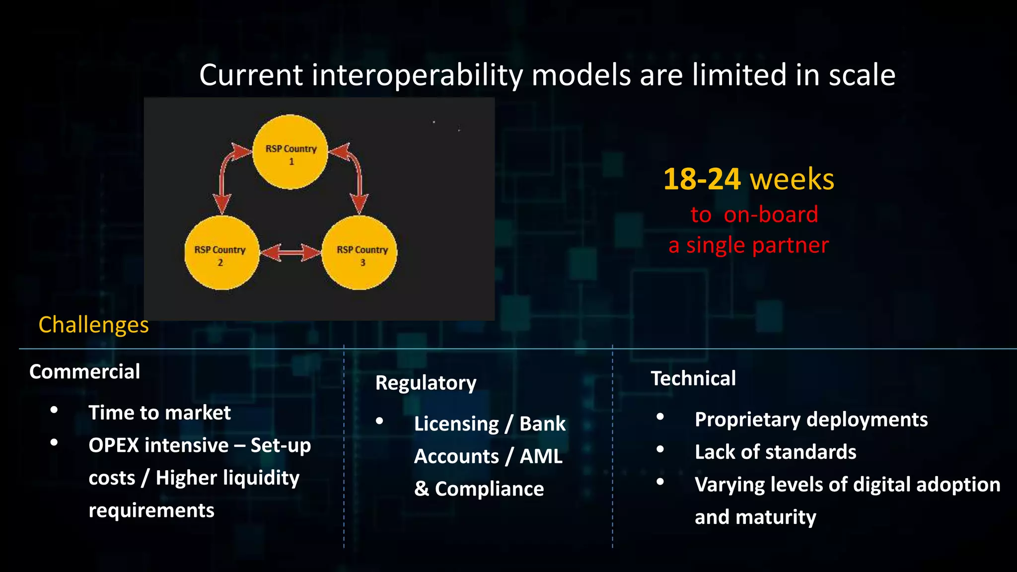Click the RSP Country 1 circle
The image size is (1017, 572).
tap(291, 152)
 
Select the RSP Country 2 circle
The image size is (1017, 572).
tap(221, 253)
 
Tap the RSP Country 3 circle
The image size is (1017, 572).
tap(360, 253)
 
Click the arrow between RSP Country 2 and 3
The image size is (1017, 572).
tap(291, 253)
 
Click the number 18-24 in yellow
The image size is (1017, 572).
tap(702, 179)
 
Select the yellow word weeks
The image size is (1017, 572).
tap(792, 179)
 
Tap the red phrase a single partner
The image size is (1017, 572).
tap(748, 245)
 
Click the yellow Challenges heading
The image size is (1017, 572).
tap(93, 325)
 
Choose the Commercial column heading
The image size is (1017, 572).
tap(84, 372)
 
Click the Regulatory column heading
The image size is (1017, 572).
tap(426, 383)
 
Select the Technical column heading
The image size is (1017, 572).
tap(693, 379)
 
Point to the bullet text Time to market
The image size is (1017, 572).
tap(159, 413)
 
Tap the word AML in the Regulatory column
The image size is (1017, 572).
tap(541, 456)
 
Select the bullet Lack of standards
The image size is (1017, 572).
tap(775, 452)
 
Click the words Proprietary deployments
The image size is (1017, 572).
tap(811, 420)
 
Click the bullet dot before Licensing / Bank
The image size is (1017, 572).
tap(380, 421)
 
